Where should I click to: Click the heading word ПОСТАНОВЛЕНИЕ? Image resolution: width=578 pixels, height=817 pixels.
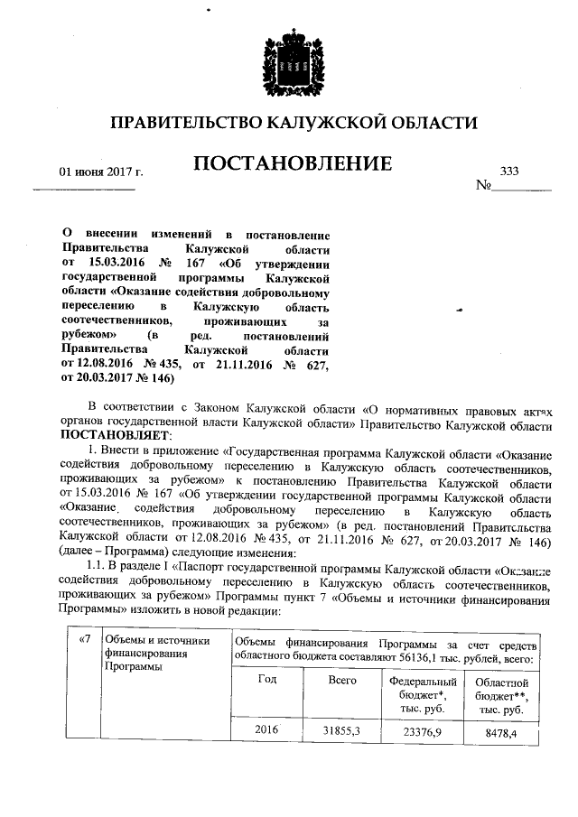[x=292, y=163]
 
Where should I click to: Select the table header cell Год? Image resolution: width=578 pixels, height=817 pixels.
[x=266, y=679]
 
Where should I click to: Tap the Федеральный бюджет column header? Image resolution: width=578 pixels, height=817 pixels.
[x=424, y=695]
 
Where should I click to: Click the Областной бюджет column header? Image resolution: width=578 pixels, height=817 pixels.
[x=500, y=695]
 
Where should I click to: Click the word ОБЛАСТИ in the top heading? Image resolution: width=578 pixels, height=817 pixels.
[x=425, y=122]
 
